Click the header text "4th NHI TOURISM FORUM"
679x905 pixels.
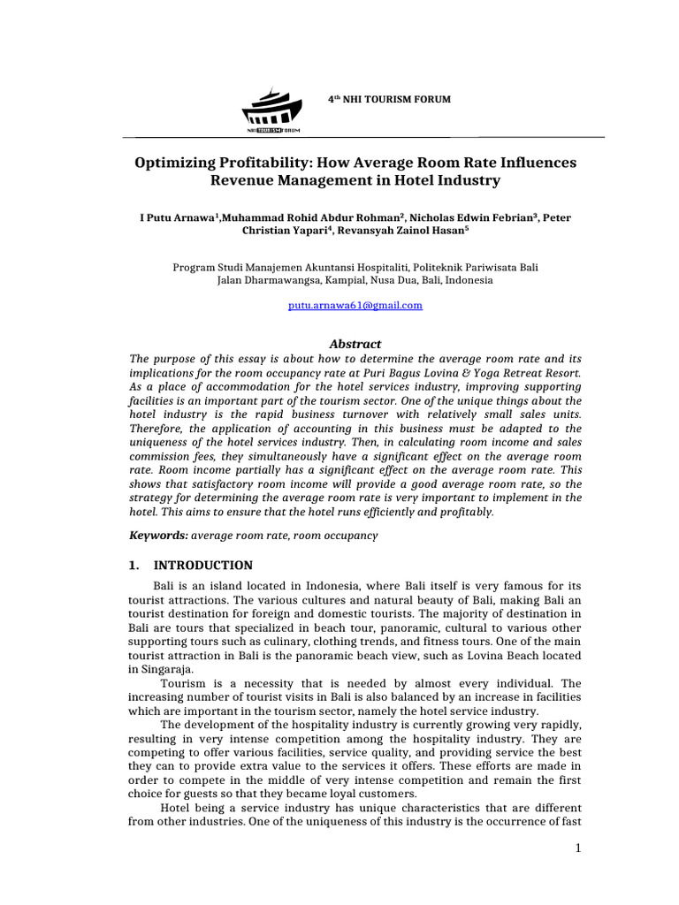click(389, 99)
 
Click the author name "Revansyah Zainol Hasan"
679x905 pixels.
click(401, 232)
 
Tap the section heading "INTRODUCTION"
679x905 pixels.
click(203, 566)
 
